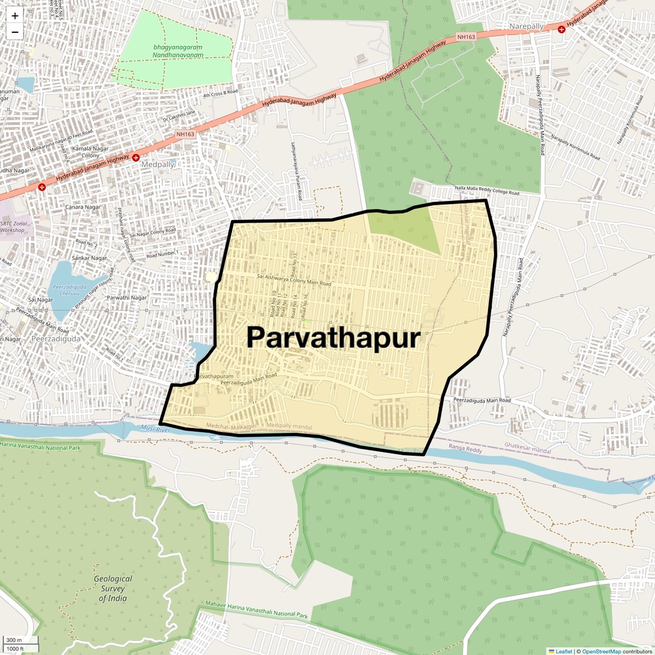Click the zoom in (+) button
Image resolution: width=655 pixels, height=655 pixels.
[15, 16]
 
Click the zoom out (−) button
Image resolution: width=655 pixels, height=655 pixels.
[15, 32]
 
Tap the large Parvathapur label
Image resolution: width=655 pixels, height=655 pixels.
[333, 338]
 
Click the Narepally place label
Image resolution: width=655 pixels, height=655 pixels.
[526, 26]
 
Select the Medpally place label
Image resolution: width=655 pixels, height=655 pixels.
[157, 164]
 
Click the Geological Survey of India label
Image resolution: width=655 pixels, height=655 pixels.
[113, 588]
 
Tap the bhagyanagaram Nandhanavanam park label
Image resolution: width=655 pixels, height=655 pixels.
[178, 51]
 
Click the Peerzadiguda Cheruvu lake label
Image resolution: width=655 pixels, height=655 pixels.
[70, 290]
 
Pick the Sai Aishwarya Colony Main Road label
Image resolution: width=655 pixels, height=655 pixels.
[294, 280]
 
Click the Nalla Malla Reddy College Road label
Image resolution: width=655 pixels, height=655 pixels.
[487, 190]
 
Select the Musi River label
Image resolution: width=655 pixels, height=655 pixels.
[155, 429]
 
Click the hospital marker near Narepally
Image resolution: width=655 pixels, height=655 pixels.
[561, 29]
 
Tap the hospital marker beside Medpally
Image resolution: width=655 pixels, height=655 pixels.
[136, 157]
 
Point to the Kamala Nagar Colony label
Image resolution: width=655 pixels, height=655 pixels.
[90, 152]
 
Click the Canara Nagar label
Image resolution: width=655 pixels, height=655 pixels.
[83, 207]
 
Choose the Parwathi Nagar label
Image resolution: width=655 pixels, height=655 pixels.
[127, 298]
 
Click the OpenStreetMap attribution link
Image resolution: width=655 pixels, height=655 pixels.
[602, 652]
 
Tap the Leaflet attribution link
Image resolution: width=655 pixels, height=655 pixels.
[564, 652]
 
